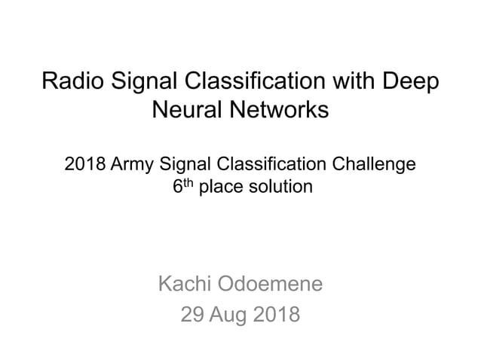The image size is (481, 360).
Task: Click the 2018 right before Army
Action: (84, 163)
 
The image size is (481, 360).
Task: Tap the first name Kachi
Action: (184, 284)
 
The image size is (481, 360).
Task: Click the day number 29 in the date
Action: (195, 314)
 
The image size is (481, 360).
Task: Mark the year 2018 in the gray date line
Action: (277, 314)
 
